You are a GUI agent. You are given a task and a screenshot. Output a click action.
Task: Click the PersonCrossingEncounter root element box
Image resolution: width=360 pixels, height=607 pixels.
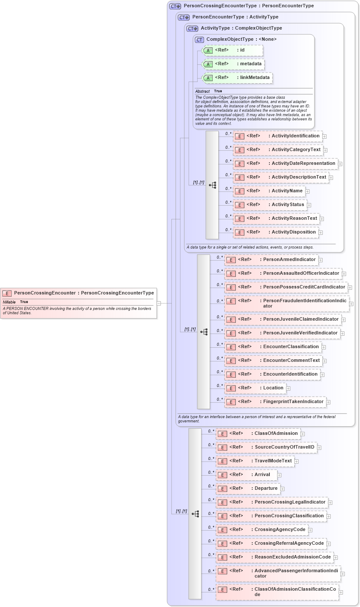[x=78, y=293]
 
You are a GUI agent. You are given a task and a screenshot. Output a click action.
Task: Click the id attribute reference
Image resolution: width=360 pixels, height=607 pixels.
[x=232, y=50]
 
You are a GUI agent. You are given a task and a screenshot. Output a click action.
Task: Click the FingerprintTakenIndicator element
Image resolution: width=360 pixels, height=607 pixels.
[x=275, y=402]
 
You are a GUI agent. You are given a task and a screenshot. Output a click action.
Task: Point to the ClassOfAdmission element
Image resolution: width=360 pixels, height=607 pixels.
[x=258, y=434]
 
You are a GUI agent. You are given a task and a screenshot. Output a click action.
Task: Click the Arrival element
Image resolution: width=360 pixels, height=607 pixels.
[x=247, y=475]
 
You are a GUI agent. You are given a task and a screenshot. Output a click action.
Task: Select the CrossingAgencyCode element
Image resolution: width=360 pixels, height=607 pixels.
[x=262, y=530]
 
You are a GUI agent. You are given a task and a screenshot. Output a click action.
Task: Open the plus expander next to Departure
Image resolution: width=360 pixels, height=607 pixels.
[x=282, y=489]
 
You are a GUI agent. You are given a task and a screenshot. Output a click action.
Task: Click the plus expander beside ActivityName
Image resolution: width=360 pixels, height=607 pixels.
[x=308, y=191]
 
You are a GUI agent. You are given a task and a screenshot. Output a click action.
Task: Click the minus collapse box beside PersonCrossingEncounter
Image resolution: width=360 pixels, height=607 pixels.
[x=159, y=303]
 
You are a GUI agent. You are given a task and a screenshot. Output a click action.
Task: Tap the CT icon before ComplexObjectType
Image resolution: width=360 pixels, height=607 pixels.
[x=199, y=39]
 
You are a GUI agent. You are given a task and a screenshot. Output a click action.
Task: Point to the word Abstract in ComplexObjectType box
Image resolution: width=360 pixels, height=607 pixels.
[x=202, y=91]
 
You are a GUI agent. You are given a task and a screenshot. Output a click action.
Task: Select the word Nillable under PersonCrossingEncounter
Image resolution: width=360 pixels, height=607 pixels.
[x=9, y=302]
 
